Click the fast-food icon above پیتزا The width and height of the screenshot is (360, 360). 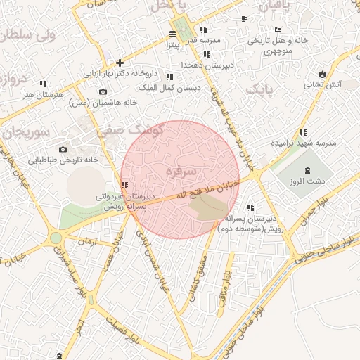174,34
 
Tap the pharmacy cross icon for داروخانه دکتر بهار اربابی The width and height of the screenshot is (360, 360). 120,63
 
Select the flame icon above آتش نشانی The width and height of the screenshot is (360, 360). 322,73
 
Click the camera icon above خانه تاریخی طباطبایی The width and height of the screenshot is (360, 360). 63,149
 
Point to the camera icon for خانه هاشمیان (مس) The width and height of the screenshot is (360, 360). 103,92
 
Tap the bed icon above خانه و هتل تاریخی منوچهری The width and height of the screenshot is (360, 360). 278,30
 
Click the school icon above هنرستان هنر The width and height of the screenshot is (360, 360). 43,84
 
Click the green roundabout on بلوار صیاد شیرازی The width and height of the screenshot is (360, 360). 56,238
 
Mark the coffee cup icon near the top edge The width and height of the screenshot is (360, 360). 244,18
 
